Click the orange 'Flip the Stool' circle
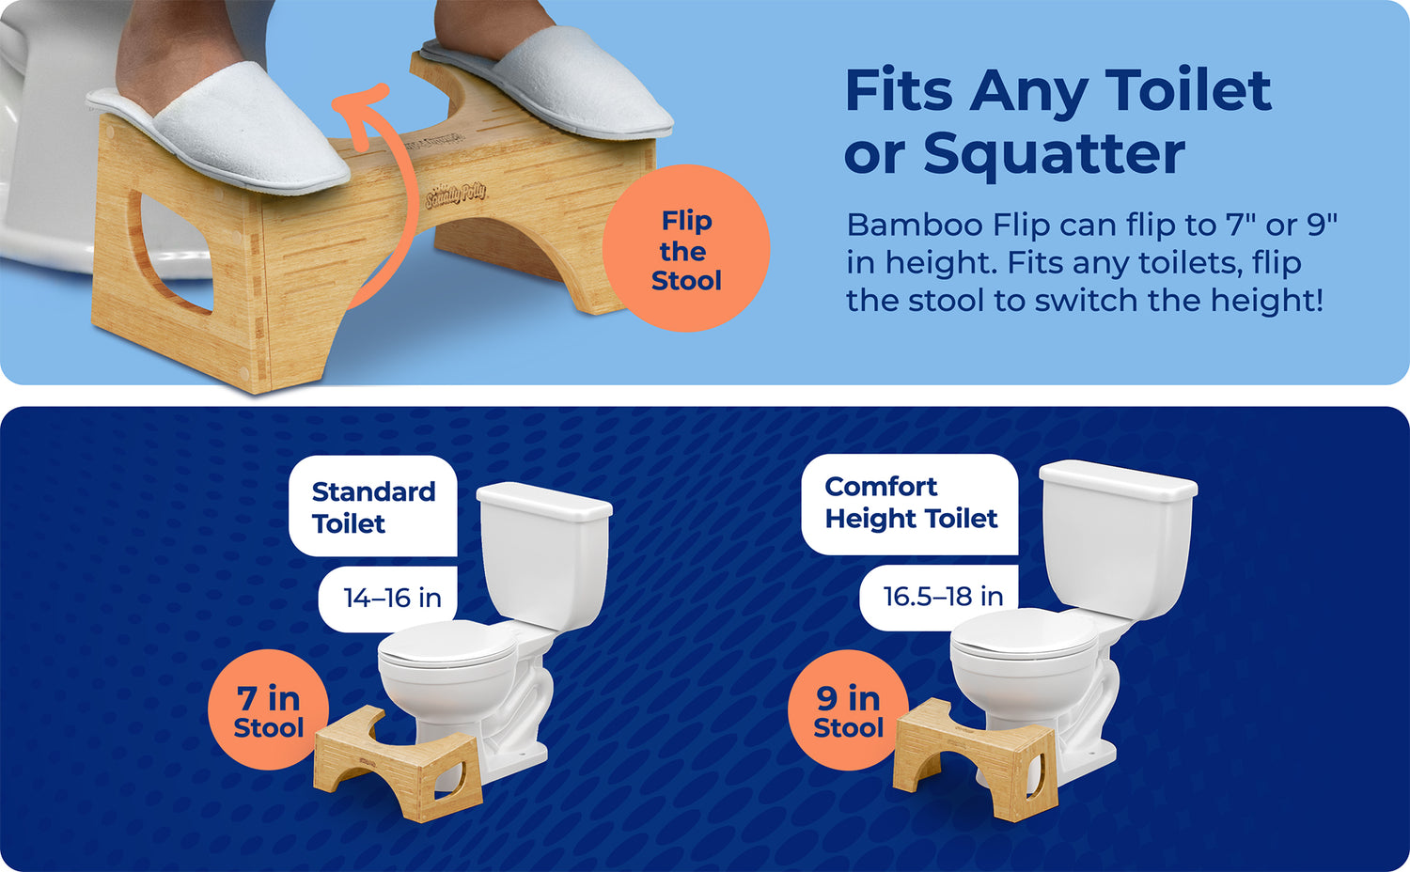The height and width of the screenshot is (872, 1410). tap(685, 249)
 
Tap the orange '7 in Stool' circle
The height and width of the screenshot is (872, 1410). tap(268, 710)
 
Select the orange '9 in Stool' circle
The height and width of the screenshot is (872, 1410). tap(848, 710)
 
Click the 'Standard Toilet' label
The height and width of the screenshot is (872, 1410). tap(373, 506)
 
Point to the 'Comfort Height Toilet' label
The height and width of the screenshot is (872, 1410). tap(910, 503)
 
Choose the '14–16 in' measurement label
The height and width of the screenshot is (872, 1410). tap(391, 598)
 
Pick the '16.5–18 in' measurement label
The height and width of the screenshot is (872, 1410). tap(941, 596)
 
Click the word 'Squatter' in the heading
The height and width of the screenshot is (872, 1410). tap(1054, 153)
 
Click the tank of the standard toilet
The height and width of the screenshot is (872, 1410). tap(543, 554)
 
